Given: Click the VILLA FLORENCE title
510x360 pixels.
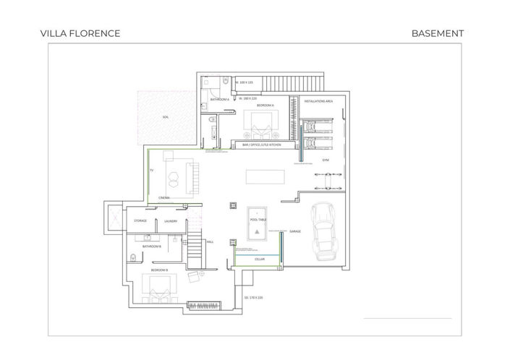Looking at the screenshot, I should [81, 33].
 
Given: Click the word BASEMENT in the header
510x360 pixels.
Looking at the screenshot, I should [437, 33].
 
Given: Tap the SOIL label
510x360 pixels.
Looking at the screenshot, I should [166, 116].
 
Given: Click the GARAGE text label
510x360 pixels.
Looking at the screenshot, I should [295, 231].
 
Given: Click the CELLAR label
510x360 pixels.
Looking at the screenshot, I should [260, 258].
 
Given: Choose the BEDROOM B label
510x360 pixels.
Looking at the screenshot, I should [159, 270].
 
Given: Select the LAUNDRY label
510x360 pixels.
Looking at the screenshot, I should [171, 221].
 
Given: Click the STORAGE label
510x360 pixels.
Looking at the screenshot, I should [140, 221].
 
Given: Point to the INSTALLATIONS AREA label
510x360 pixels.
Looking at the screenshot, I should [318, 102].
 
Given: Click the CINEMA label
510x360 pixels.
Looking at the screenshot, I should [164, 197].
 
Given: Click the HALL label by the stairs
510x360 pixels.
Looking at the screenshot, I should [211, 242].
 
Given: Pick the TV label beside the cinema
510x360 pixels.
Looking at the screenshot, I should [151, 171].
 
